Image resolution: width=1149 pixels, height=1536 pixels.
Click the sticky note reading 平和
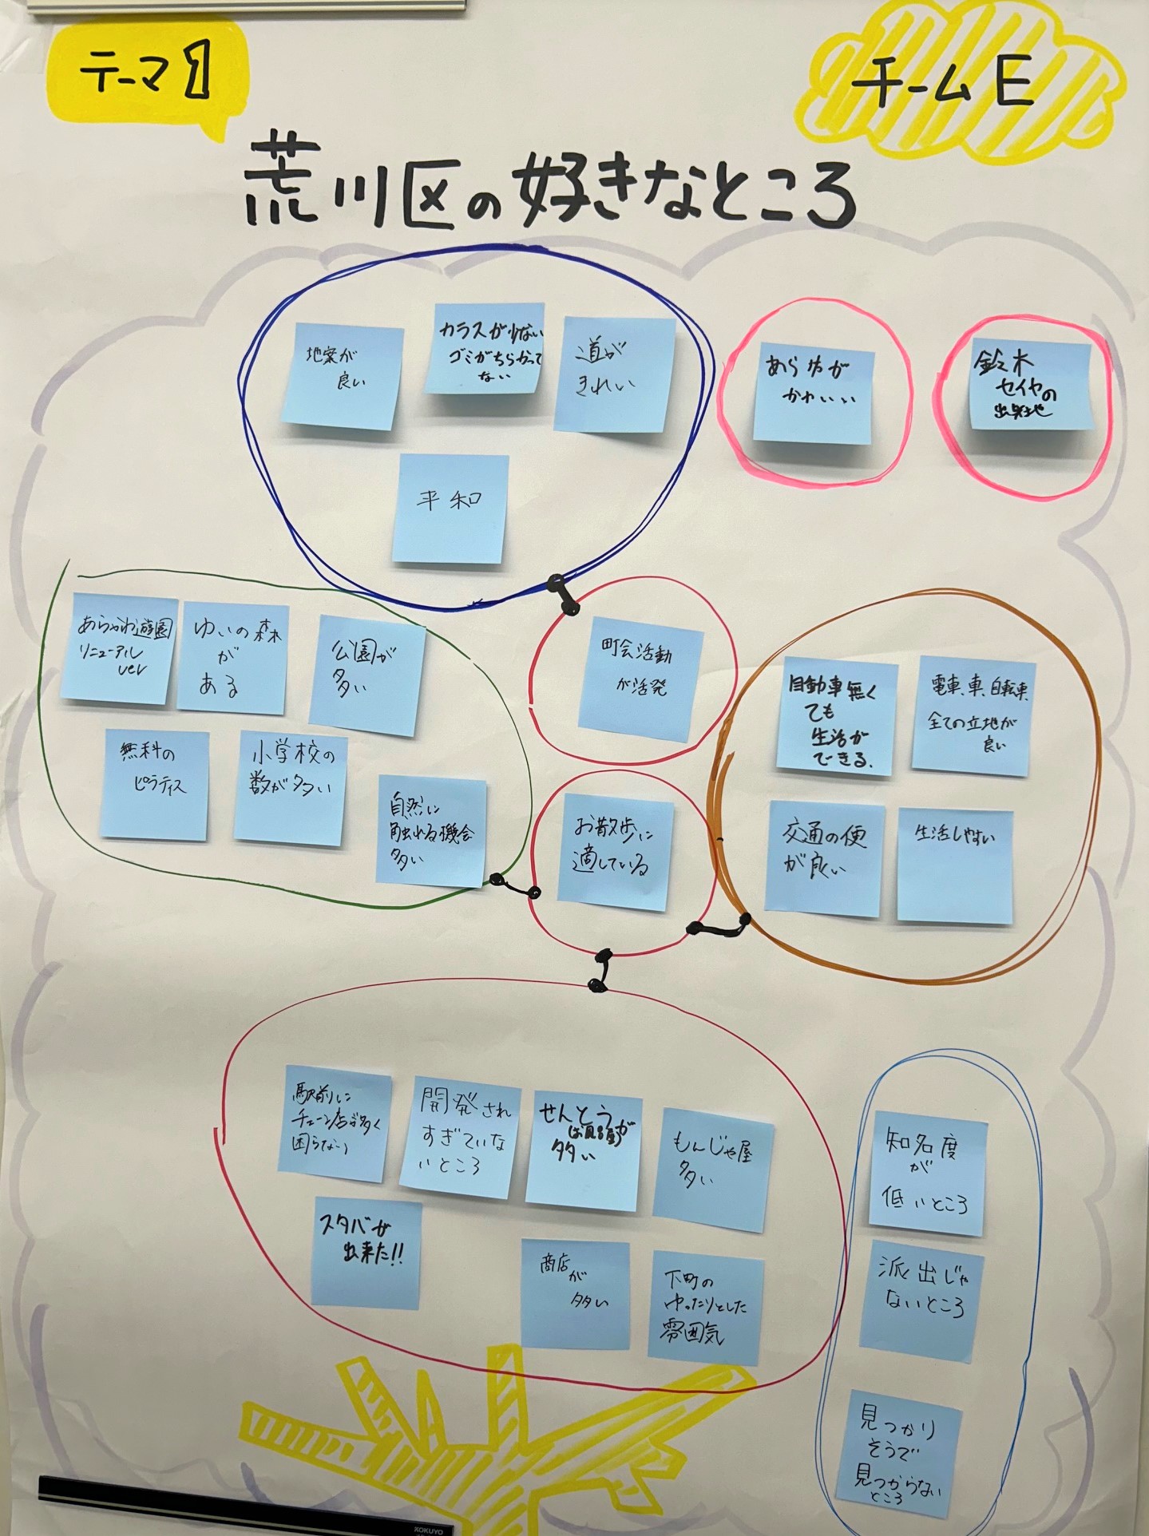click(450, 509)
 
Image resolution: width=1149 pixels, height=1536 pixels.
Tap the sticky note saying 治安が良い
click(341, 377)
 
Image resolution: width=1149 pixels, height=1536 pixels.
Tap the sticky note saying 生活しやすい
click(955, 866)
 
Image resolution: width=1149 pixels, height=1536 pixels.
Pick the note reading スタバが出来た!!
click(366, 1253)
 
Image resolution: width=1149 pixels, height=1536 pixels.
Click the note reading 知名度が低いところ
click(928, 1167)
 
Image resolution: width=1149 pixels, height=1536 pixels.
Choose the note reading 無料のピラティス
click(155, 784)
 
